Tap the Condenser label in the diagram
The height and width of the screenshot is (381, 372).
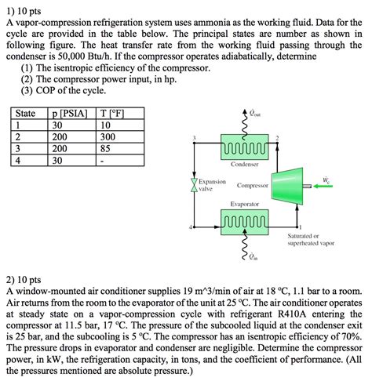coord(245,164)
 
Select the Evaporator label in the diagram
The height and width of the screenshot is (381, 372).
coord(245,204)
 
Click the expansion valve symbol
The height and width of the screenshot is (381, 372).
coord(193,184)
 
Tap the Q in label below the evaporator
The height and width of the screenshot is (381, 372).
coord(252,256)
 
